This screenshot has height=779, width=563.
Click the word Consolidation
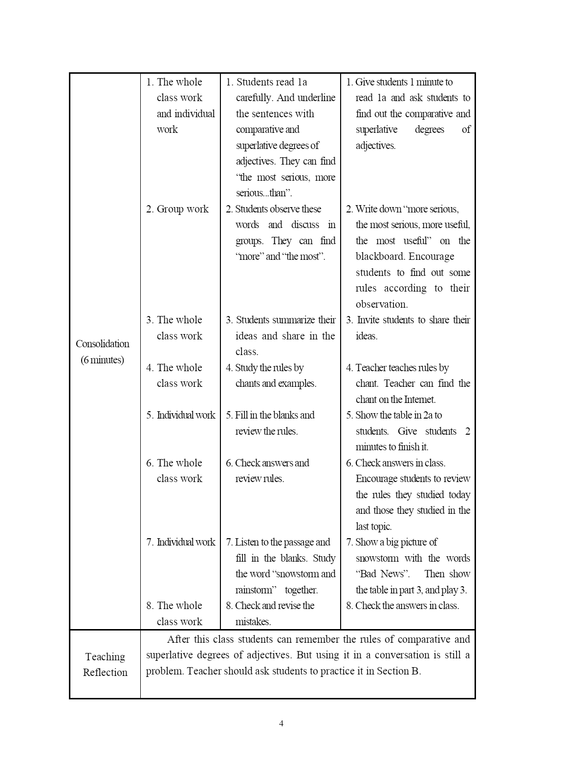(x=103, y=344)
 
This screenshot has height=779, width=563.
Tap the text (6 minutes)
(x=103, y=360)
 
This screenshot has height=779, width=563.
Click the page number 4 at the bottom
(x=281, y=723)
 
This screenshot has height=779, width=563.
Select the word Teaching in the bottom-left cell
(x=105, y=657)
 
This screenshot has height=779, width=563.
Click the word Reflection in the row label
(x=105, y=673)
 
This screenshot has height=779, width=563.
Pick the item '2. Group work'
(x=177, y=209)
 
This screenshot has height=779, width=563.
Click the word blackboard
(x=380, y=256)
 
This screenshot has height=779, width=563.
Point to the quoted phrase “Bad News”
(x=382, y=574)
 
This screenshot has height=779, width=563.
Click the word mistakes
(x=253, y=622)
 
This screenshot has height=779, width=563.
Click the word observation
(x=381, y=304)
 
